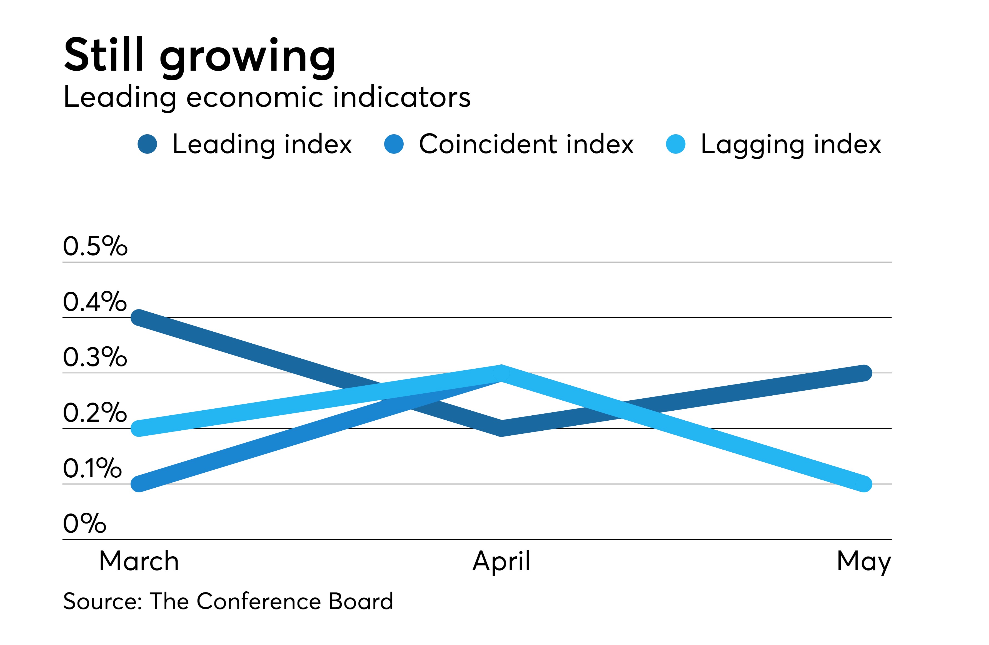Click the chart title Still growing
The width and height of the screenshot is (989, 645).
(199, 56)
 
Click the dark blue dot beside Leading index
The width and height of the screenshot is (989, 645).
(147, 144)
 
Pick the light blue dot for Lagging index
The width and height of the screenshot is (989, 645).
(675, 144)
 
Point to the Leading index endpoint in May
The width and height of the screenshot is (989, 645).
(864, 373)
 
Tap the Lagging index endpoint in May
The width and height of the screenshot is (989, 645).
(864, 484)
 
